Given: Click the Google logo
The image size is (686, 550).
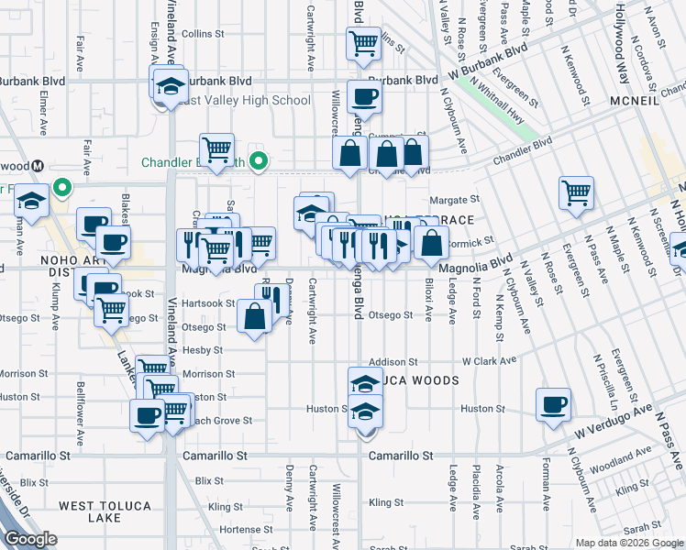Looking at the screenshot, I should coord(30,539).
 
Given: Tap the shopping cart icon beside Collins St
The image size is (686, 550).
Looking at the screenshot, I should coord(364,42).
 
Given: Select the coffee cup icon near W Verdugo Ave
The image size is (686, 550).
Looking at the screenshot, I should coord(553,404).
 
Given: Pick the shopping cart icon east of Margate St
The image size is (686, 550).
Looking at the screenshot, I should coord(576,193).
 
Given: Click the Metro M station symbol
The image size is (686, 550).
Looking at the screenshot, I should coord(39,166).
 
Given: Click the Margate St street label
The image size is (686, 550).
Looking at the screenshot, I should coord(455,199).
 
